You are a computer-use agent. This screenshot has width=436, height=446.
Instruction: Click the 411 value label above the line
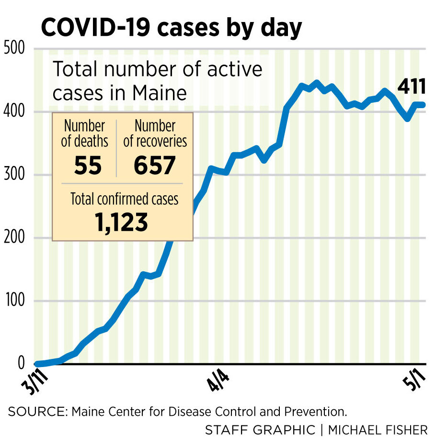point(411,87)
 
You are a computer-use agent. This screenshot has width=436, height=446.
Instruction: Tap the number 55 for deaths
point(88,166)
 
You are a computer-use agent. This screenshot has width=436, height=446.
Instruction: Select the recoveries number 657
point(154,166)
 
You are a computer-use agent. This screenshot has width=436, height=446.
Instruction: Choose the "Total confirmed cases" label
point(124,199)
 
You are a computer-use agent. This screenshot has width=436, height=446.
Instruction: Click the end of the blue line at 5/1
point(424,105)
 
